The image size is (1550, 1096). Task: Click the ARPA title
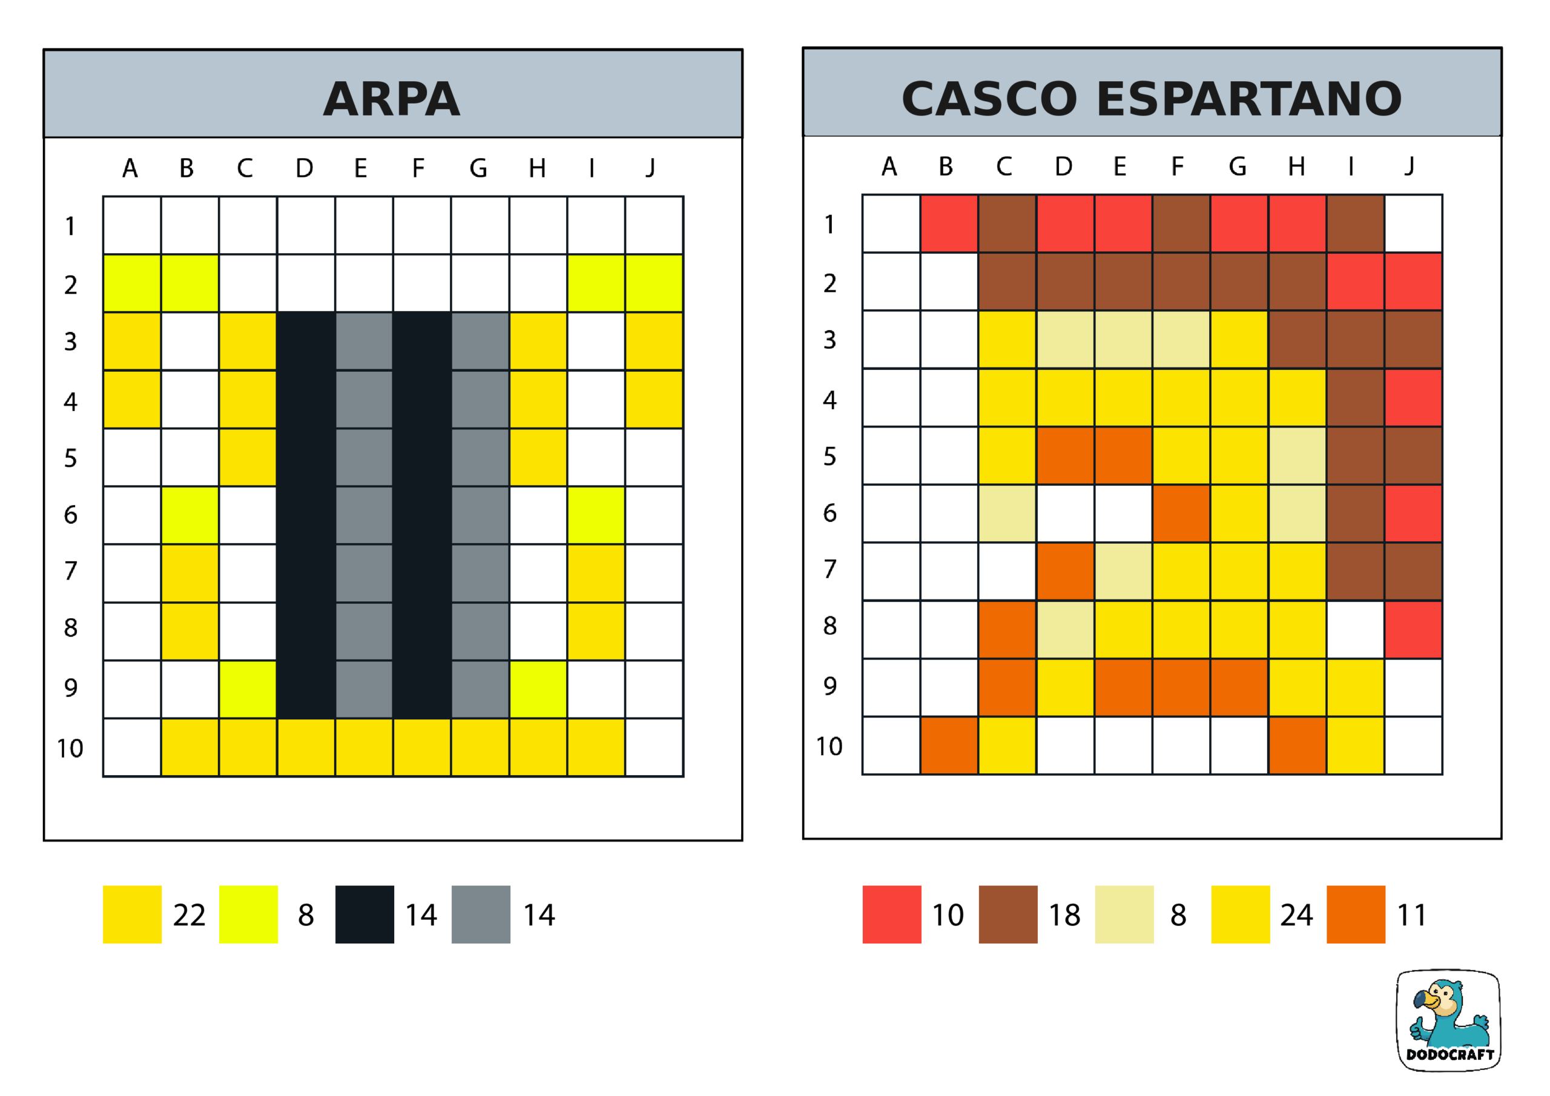pyautogui.click(x=392, y=99)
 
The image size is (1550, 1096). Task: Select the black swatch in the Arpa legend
pyautogui.click(x=364, y=914)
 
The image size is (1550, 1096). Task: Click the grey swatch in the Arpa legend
pyautogui.click(x=481, y=914)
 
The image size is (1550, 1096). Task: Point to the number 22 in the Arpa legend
pyautogui.click(x=189, y=916)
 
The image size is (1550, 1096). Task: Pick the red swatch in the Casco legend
pyautogui.click(x=892, y=914)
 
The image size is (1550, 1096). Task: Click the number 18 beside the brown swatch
pyautogui.click(x=1064, y=916)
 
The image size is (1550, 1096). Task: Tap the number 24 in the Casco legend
pyautogui.click(x=1296, y=916)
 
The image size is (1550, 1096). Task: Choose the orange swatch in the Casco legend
pyautogui.click(x=1356, y=914)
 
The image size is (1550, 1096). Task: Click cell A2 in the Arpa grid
pyautogui.click(x=133, y=283)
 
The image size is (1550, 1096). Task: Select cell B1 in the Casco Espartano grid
pyautogui.click(x=949, y=223)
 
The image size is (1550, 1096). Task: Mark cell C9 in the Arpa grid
pyautogui.click(x=248, y=689)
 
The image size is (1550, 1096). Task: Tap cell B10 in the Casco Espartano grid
pyautogui.click(x=949, y=745)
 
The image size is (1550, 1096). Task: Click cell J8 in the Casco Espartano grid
pyautogui.click(x=1414, y=629)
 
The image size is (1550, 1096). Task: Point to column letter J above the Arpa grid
pyautogui.click(x=651, y=168)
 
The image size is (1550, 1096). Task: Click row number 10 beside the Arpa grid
pyautogui.click(x=70, y=749)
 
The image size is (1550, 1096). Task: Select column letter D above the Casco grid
pyautogui.click(x=1064, y=166)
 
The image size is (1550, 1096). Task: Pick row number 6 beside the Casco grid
pyautogui.click(x=829, y=513)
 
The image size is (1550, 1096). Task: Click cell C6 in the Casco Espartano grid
pyautogui.click(x=1007, y=513)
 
